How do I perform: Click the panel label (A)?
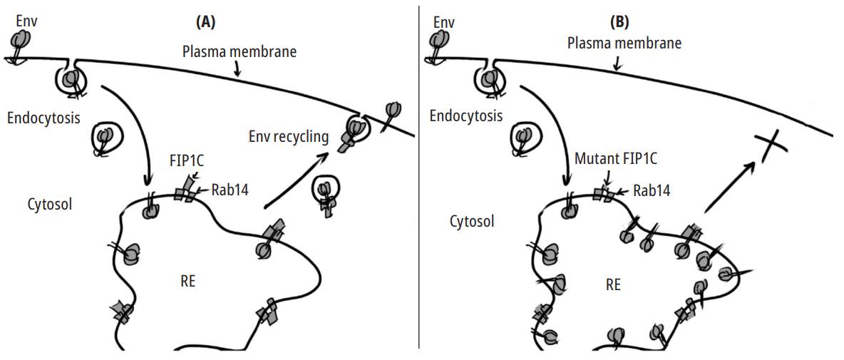[x=205, y=22]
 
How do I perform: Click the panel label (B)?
[x=619, y=22]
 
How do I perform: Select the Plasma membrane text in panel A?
[x=239, y=52]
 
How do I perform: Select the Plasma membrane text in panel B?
[x=624, y=43]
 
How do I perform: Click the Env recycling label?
[x=289, y=136]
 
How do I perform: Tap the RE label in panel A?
[x=187, y=282]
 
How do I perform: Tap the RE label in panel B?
[x=612, y=285]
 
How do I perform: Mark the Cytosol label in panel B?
[x=472, y=222]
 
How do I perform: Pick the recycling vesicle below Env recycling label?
[x=326, y=195]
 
